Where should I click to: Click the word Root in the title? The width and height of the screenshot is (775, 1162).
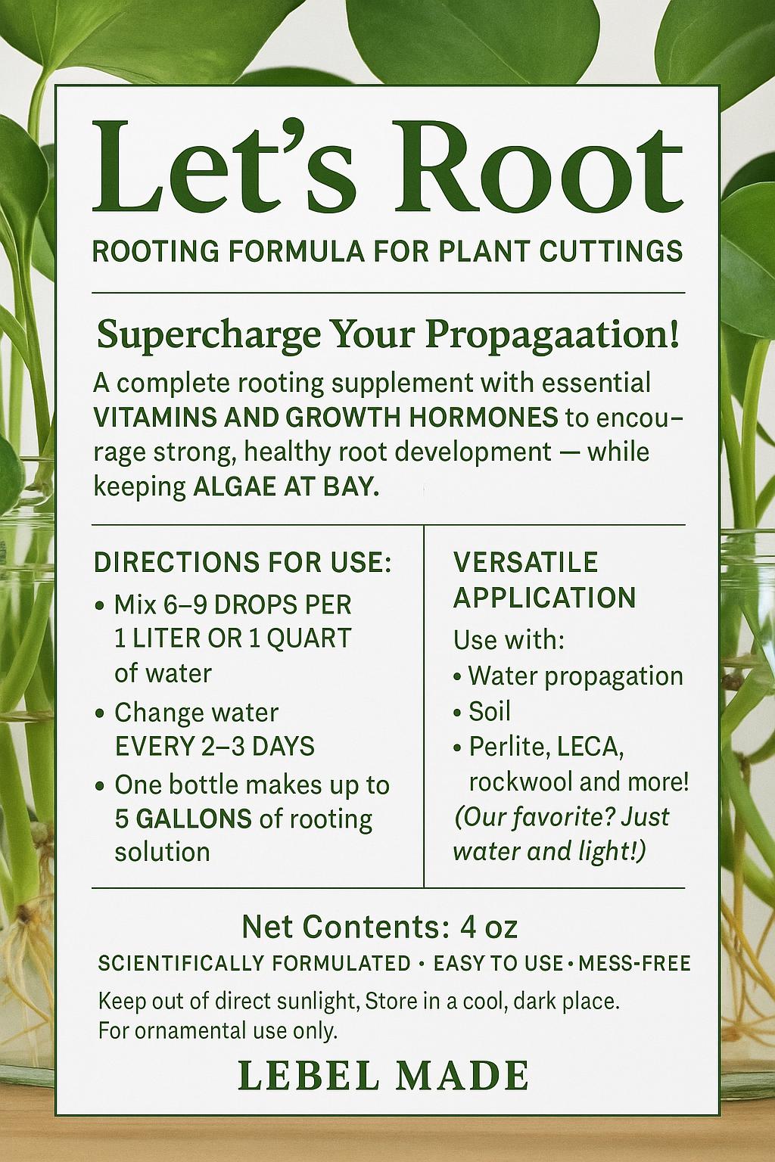pyautogui.click(x=538, y=168)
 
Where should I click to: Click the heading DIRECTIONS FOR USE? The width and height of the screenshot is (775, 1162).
pyautogui.click(x=242, y=563)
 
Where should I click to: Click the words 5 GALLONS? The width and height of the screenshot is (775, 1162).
pyautogui.click(x=183, y=819)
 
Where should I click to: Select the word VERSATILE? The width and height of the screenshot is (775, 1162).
pyautogui.click(x=525, y=562)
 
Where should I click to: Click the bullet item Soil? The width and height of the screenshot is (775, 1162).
pyautogui.click(x=490, y=711)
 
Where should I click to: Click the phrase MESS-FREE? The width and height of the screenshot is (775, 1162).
pyautogui.click(x=634, y=964)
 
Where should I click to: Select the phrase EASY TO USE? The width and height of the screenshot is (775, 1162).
pyautogui.click(x=498, y=964)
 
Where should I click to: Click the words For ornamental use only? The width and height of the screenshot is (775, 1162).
pyautogui.click(x=217, y=1030)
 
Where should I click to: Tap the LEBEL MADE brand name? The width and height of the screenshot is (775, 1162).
pyautogui.click(x=383, y=1075)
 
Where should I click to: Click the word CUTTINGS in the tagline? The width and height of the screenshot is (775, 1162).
pyautogui.click(x=611, y=251)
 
